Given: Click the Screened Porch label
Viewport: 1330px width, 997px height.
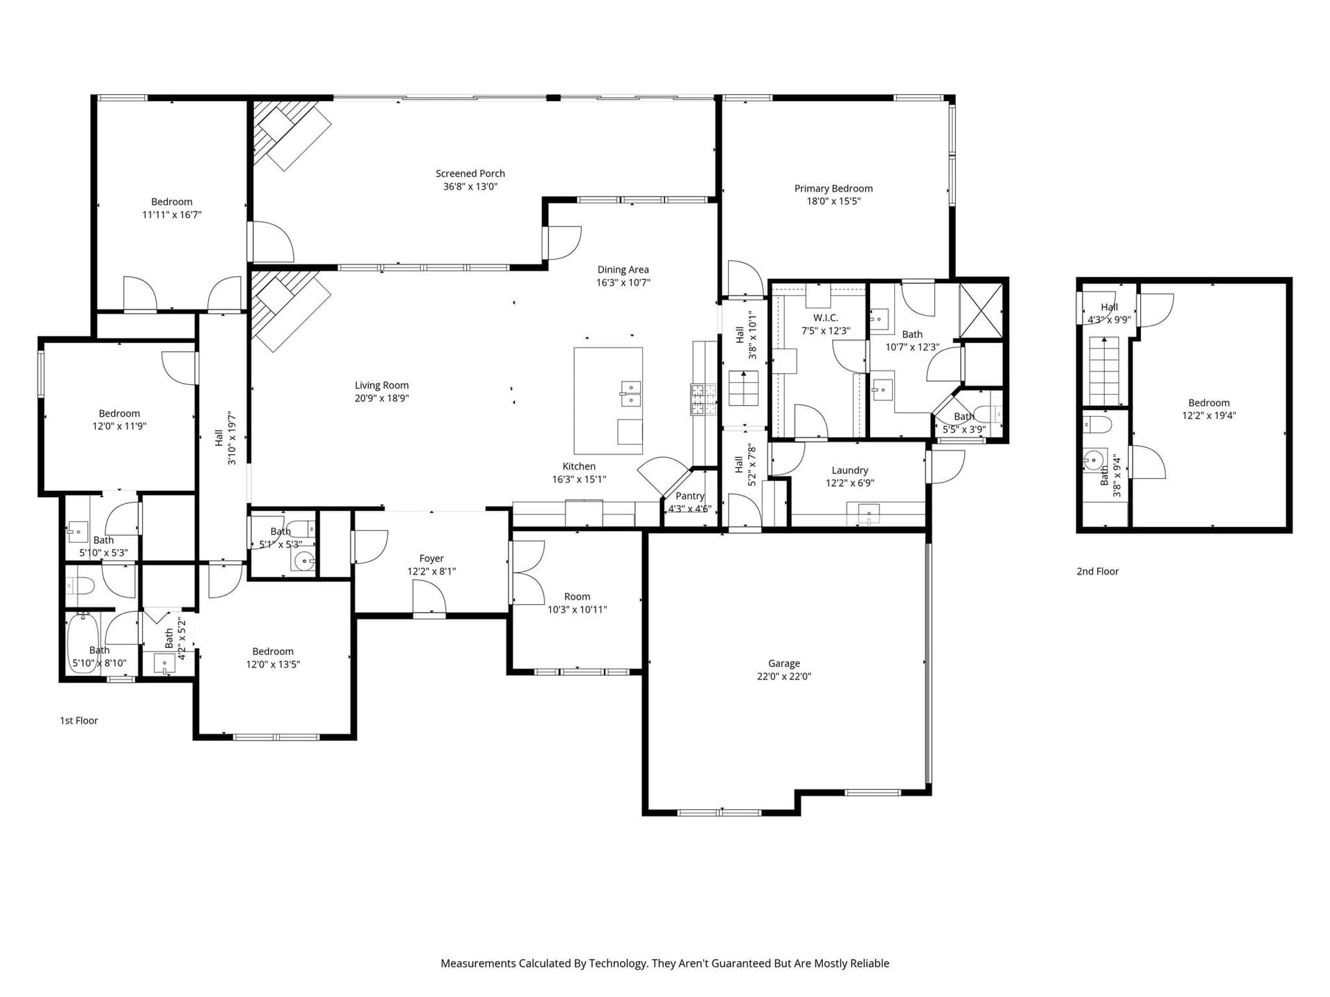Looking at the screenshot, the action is click(470, 174).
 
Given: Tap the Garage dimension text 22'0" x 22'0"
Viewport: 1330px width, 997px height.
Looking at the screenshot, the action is click(783, 676).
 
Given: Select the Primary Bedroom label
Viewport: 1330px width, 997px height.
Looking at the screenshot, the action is click(833, 188).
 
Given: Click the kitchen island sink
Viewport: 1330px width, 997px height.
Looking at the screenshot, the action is click(630, 393).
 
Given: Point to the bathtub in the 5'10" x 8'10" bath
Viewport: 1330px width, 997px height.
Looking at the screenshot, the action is click(83, 643).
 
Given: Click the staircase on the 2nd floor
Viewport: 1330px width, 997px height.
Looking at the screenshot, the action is click(1104, 370).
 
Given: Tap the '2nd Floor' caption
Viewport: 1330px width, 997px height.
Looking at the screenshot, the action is click(1097, 571).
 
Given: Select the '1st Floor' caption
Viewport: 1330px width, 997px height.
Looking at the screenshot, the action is click(79, 721).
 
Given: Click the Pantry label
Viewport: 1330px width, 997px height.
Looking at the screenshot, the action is click(690, 496).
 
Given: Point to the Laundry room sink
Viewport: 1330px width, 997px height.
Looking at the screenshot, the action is click(869, 514).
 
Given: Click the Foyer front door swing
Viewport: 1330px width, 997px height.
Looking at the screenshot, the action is click(429, 597).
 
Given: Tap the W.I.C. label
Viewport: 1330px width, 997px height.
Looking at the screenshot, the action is click(826, 318).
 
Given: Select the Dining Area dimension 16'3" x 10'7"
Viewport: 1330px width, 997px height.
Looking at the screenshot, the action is click(623, 282).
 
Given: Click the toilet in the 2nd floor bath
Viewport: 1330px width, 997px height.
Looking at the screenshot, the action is click(1097, 424).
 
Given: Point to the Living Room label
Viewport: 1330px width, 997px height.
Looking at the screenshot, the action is click(382, 386).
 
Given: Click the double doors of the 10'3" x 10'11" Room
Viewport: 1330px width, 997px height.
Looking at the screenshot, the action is click(528, 573).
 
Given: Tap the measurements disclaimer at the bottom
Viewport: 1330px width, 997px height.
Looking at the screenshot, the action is click(665, 963).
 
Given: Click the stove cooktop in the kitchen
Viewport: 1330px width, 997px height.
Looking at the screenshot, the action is click(703, 399).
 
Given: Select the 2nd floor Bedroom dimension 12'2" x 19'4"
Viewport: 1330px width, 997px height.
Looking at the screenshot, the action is click(1209, 415).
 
